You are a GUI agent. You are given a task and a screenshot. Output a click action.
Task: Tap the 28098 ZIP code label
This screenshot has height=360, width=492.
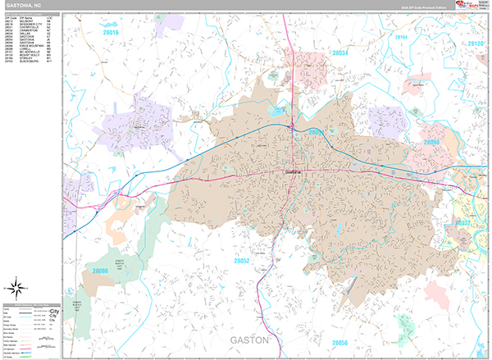point(432,143)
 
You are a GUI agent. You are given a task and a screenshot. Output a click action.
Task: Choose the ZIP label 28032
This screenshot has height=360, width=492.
point(463,222)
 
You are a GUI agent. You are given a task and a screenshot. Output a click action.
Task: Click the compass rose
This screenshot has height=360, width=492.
point(15,287)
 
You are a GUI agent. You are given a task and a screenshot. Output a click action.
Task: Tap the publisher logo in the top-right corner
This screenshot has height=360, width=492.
point(470,6)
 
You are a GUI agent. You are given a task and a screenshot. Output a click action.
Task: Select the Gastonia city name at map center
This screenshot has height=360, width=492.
point(293,171)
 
